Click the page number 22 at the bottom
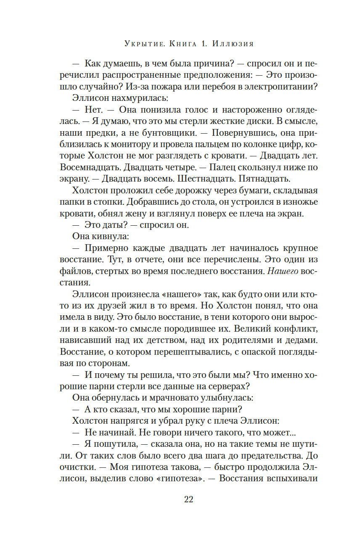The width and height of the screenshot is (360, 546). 188,499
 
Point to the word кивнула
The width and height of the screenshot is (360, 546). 108,236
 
